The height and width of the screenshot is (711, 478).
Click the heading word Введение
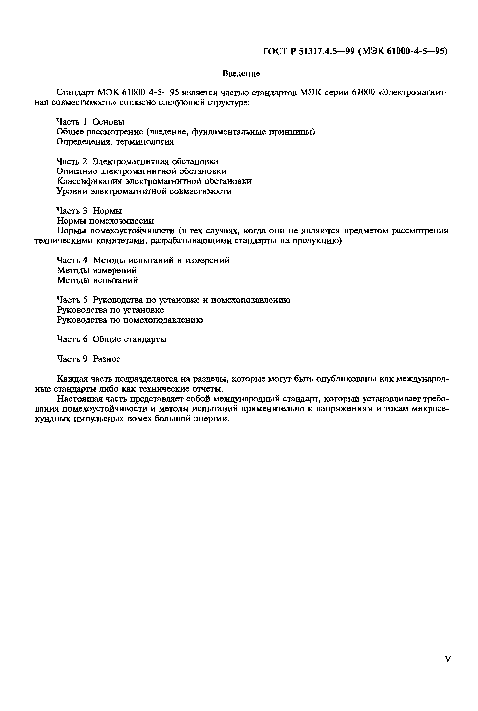pyautogui.click(x=241, y=73)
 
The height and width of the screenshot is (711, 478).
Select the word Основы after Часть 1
pyautogui.click(x=108, y=122)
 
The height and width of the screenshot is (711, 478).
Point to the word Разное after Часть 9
pyautogui.click(x=106, y=359)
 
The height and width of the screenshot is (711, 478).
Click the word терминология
pyautogui.click(x=146, y=142)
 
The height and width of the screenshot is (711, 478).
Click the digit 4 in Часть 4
pyautogui.click(x=85, y=260)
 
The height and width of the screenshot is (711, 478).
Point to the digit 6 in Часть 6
pyautogui.click(x=85, y=339)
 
